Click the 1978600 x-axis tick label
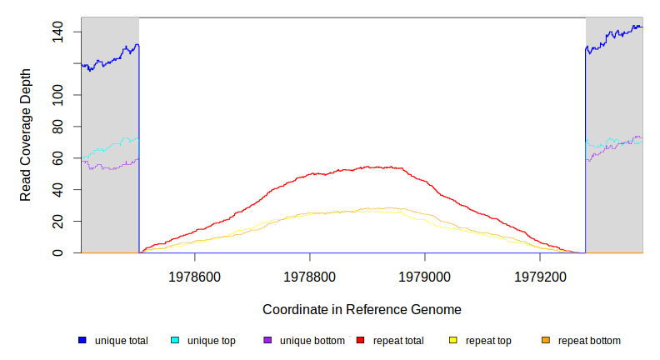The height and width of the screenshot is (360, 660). pos(195,276)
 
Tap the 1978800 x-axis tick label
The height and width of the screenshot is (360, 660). pos(310,276)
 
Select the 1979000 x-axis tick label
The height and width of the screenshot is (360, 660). pos(425,276)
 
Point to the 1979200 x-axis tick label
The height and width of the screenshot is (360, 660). pos(540,276)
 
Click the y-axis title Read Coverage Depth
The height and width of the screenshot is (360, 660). pos(26,135)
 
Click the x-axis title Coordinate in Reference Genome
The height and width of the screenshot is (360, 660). pos(362,309)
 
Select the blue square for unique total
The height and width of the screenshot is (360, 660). pos(82,341)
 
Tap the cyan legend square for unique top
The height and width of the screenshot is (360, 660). pos(175,341)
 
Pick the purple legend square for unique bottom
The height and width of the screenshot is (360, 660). pos(267,341)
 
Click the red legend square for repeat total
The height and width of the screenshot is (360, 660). pos(360,341)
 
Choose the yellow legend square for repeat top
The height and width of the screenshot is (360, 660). pos(452,341)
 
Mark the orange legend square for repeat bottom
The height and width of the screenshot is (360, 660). pos(545,341)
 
